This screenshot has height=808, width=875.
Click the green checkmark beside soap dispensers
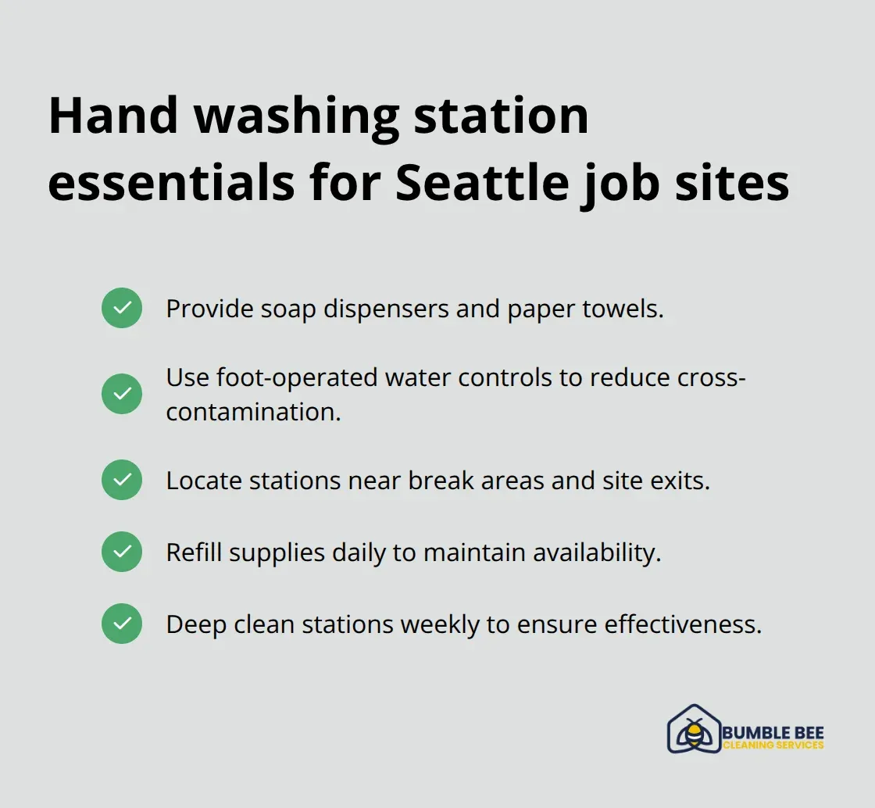point(122,308)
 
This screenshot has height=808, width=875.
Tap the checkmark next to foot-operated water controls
point(122,394)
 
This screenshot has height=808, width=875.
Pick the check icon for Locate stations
point(122,480)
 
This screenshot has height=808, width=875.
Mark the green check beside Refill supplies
point(122,552)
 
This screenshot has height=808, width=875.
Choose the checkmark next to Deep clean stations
point(122,624)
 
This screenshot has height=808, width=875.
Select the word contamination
point(253,412)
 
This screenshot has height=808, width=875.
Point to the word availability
point(597,552)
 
